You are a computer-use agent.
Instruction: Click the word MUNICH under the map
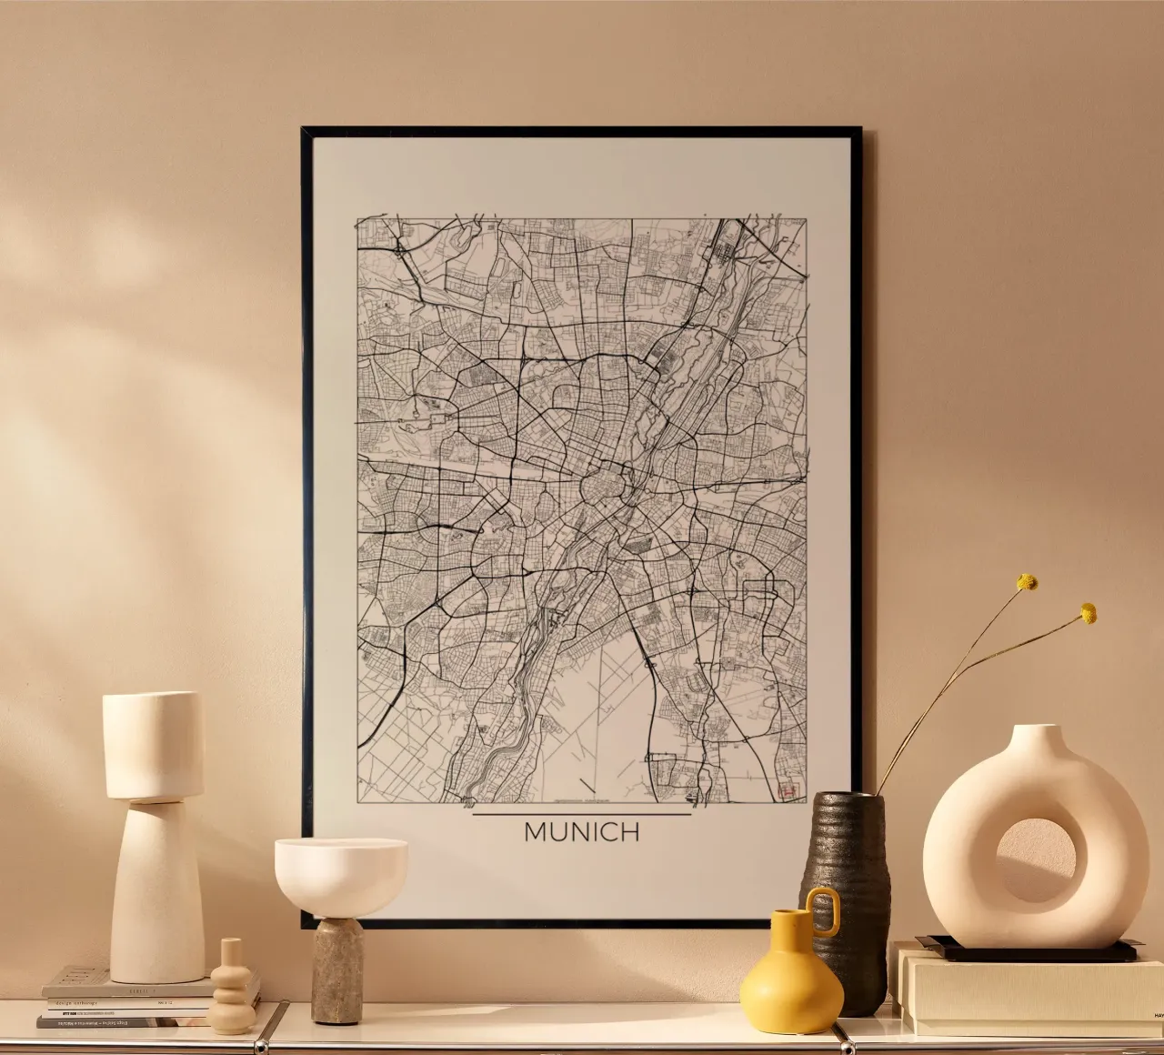tap(582, 832)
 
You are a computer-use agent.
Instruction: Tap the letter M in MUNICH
tap(536, 832)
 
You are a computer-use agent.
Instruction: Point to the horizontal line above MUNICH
tap(582, 815)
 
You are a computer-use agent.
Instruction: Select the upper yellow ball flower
tap(1028, 582)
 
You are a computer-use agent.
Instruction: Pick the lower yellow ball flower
tap(1088, 614)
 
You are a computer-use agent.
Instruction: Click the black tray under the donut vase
tap(1028, 951)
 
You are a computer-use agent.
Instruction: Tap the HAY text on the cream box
tap(1159, 1013)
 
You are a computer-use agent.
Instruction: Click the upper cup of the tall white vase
tap(153, 746)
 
